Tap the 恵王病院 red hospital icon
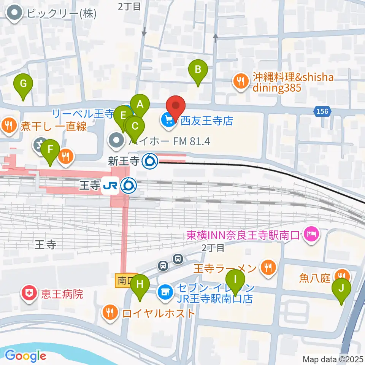coord(29,294)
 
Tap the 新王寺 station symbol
coord(149,162)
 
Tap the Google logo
coord(25,356)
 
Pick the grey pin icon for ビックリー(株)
coord(15,14)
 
